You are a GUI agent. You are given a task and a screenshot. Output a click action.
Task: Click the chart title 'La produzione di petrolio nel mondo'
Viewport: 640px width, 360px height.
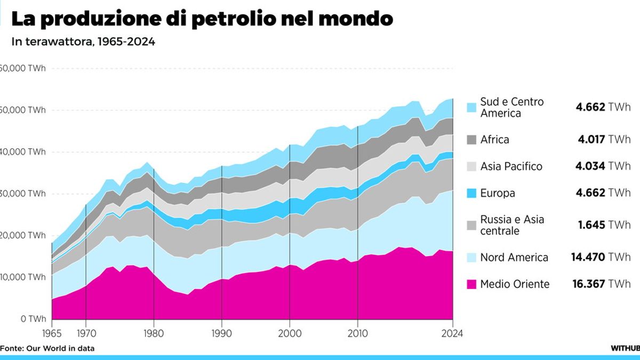202,19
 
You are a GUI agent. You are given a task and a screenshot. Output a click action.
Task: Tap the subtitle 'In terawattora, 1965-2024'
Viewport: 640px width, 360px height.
83,42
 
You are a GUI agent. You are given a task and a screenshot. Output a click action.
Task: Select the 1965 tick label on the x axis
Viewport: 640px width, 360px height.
52,334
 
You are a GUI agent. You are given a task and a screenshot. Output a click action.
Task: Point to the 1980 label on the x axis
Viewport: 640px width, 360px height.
154,334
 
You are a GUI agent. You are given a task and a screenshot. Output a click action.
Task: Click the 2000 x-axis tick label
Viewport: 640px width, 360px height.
290,334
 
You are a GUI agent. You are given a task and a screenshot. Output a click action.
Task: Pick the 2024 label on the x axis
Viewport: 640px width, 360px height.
452,334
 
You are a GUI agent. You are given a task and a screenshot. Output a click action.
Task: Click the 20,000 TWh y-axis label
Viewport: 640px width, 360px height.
23,235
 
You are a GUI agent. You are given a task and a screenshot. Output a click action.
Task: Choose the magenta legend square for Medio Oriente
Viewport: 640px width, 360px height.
471,284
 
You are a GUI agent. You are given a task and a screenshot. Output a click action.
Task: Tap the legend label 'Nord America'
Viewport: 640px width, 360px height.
514,258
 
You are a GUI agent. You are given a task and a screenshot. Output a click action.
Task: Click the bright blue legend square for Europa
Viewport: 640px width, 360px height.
471,193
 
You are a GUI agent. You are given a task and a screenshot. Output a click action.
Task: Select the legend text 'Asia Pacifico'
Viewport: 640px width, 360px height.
511,166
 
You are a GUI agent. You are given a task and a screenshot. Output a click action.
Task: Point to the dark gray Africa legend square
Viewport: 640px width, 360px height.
471,140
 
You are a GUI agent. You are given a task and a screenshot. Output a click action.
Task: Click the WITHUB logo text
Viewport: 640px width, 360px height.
625,348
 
